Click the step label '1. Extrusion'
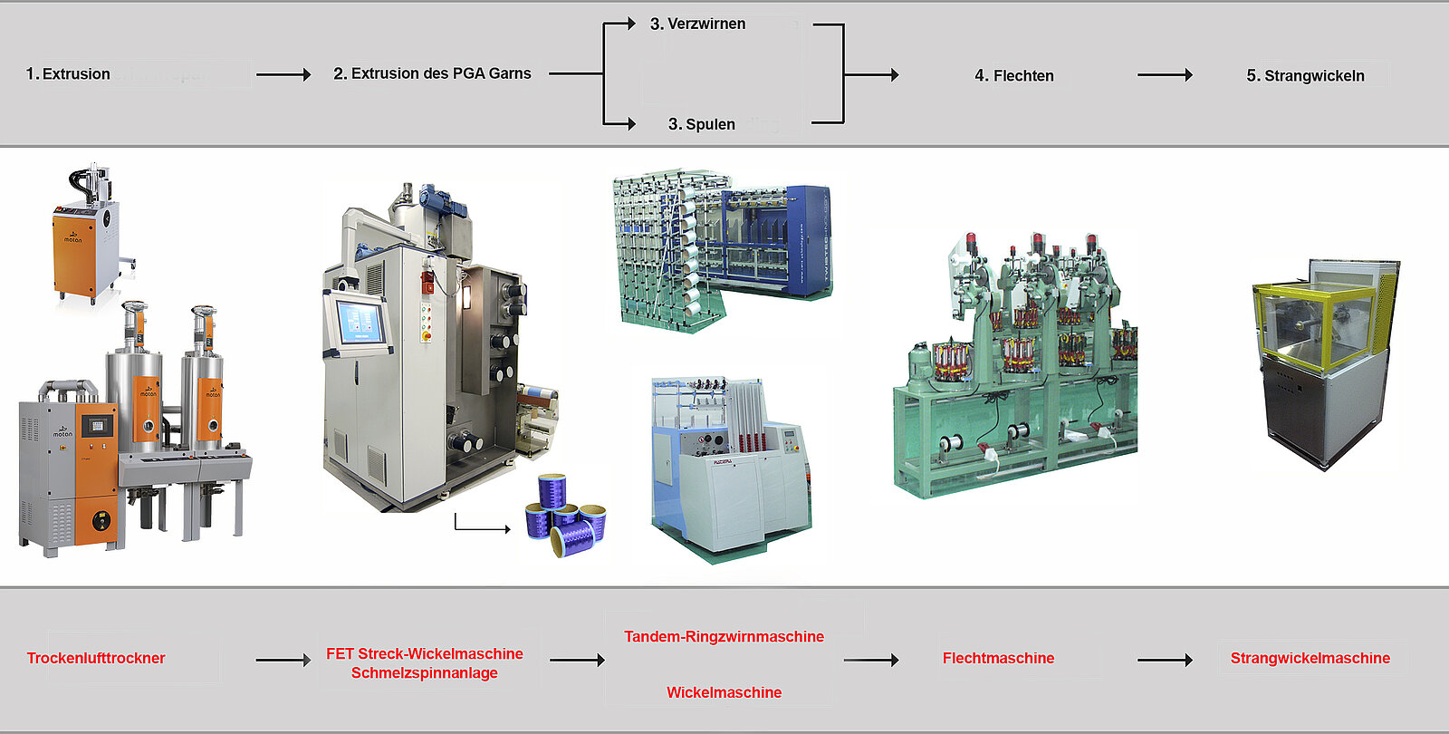(68, 74)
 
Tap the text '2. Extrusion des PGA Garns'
(432, 73)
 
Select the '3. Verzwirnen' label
(697, 24)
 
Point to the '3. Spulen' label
(702, 124)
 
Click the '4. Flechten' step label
(1014, 76)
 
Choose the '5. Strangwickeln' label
(1305, 76)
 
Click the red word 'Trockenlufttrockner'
(96, 659)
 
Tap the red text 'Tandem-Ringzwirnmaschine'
(724, 637)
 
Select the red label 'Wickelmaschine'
(724, 692)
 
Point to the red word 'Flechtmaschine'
(998, 659)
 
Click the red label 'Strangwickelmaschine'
(1310, 659)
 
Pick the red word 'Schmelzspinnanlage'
(424, 673)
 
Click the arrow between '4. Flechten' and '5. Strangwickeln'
(1165, 75)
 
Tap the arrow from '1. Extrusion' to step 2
(283, 74)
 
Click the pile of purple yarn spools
(566, 517)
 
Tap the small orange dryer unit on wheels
(85, 240)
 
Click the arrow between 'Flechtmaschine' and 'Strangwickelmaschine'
(1165, 660)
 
